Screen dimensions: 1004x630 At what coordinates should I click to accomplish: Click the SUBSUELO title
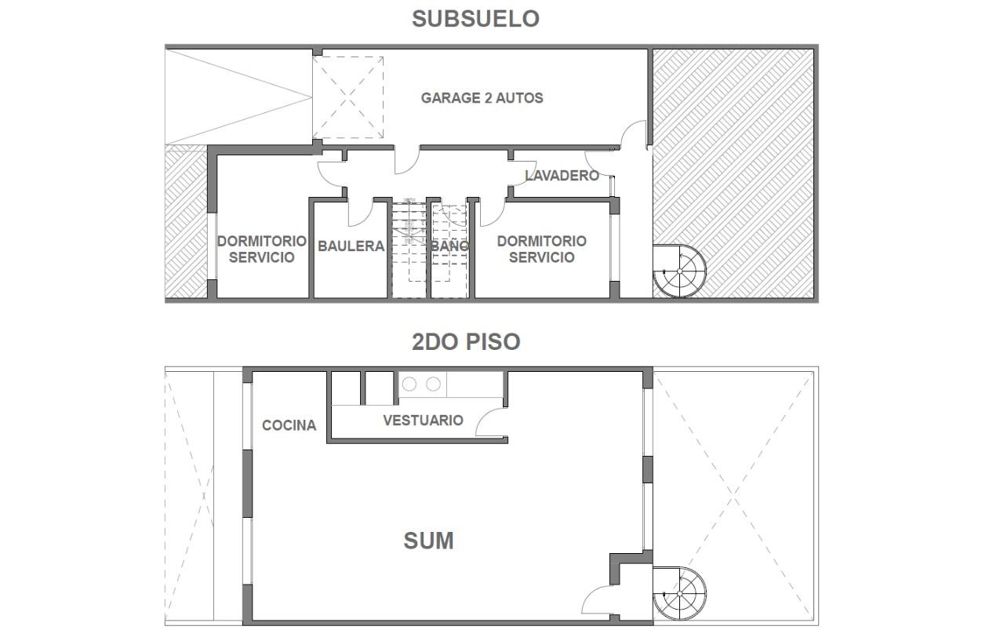(x=475, y=19)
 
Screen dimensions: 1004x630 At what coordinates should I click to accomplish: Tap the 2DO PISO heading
(x=466, y=342)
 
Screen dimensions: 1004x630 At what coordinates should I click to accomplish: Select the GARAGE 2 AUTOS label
(x=482, y=98)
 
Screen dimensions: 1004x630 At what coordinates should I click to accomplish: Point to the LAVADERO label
(x=562, y=175)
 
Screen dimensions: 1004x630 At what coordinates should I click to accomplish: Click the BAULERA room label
(x=351, y=246)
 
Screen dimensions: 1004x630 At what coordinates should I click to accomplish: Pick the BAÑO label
(x=449, y=246)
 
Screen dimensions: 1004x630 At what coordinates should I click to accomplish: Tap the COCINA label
(x=289, y=425)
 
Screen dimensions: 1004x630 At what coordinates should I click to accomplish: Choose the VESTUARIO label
(x=423, y=421)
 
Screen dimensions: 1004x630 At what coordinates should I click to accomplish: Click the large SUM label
(x=428, y=541)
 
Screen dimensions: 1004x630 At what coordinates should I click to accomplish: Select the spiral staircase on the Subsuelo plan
(x=679, y=271)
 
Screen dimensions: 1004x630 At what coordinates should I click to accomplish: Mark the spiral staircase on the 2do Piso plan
(x=679, y=594)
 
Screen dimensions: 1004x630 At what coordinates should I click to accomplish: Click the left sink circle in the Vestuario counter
(x=409, y=384)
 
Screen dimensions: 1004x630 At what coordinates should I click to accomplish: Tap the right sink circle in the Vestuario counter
(x=434, y=384)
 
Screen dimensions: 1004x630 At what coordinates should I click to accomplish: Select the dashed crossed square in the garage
(x=348, y=97)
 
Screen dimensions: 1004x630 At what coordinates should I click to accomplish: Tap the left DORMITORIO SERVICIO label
(x=262, y=249)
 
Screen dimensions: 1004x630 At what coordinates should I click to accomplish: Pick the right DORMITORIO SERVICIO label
(x=542, y=249)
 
